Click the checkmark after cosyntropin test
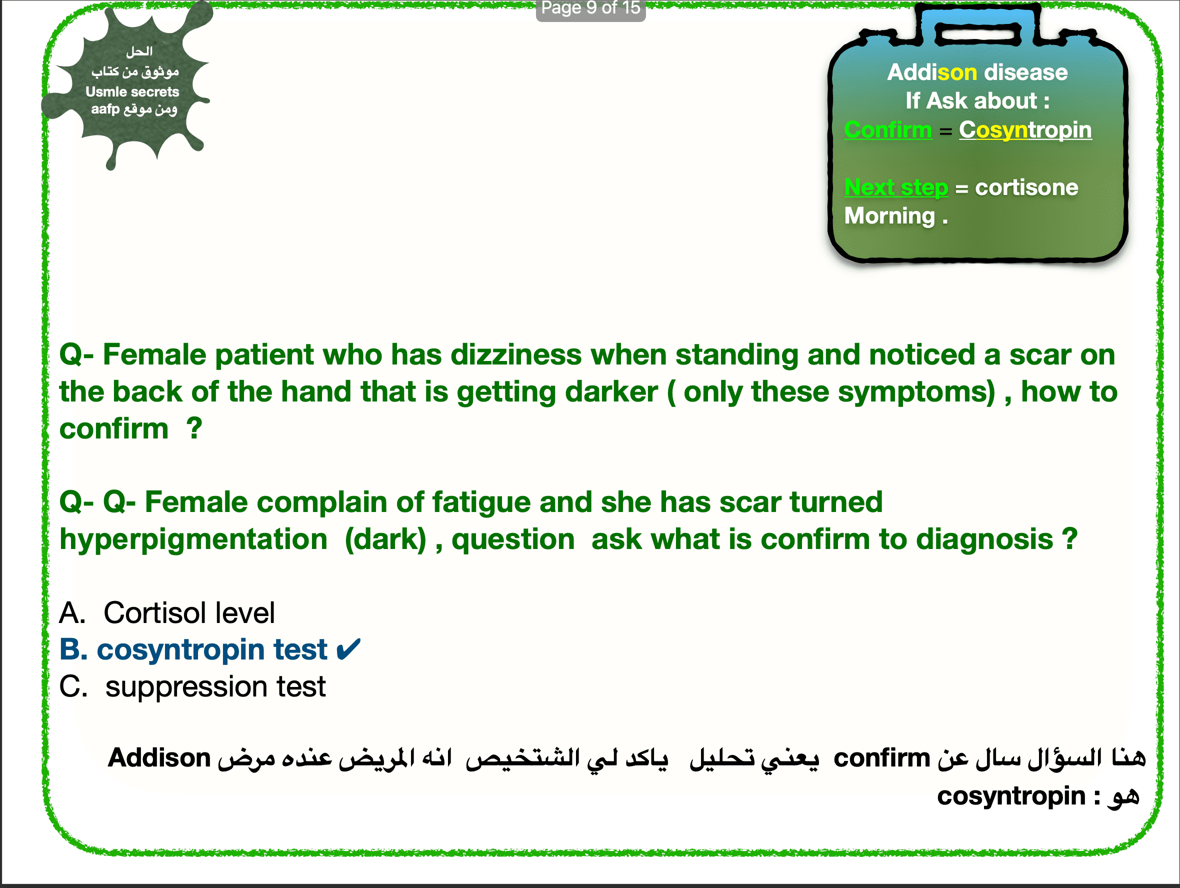[x=349, y=649]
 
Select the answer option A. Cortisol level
[x=167, y=613]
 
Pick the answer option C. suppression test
[x=192, y=686]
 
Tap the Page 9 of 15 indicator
[x=590, y=8]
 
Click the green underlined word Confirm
[x=888, y=129]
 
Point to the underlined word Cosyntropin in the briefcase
[x=1025, y=130]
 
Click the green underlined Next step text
[x=896, y=187]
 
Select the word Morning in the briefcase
[x=890, y=216]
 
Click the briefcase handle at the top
[x=978, y=34]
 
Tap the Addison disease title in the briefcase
[x=977, y=72]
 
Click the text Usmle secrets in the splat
[x=132, y=91]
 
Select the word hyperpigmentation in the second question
[x=193, y=539]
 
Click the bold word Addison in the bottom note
[x=159, y=758]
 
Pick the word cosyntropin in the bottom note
[x=1011, y=797]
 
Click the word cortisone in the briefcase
[x=1026, y=187]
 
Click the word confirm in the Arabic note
[x=882, y=758]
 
